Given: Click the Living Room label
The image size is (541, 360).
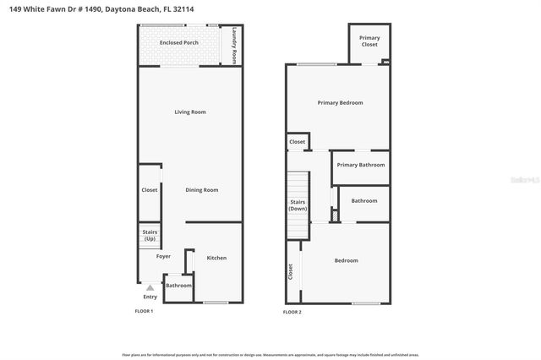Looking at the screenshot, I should pyautogui.click(x=190, y=112).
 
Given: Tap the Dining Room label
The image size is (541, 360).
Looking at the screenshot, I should pyautogui.click(x=202, y=190).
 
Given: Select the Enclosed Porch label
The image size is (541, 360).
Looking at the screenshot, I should pyautogui.click(x=179, y=41).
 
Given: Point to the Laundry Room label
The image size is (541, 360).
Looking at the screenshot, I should pyautogui.click(x=234, y=47).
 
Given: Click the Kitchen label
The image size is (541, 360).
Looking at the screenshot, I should pyautogui.click(x=216, y=258).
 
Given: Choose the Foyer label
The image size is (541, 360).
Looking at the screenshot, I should pyautogui.click(x=163, y=256).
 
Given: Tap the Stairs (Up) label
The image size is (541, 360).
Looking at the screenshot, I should pyautogui.click(x=150, y=235).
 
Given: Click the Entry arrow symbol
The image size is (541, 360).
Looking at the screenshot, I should pyautogui.click(x=150, y=287).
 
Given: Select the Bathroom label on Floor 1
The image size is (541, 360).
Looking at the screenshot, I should pyautogui.click(x=178, y=286).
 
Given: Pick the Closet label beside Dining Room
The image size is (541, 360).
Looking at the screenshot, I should pyautogui.click(x=150, y=190).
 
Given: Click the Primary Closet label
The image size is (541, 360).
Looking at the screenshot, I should pyautogui.click(x=369, y=41).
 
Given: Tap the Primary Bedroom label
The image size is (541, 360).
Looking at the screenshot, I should pyautogui.click(x=340, y=103).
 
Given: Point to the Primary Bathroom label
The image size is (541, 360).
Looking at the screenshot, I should pyautogui.click(x=361, y=166).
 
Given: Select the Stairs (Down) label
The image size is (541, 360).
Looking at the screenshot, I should pyautogui.click(x=298, y=205).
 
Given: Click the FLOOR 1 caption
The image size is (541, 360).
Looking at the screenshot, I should pyautogui.click(x=144, y=312).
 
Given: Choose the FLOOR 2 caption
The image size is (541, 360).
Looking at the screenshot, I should pyautogui.click(x=292, y=313).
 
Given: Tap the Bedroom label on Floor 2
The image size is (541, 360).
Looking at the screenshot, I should pyautogui.click(x=346, y=260).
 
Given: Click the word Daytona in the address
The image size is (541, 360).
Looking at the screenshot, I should pyautogui.click(x=125, y=8).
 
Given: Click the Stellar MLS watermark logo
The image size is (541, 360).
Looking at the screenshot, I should pyautogui.click(x=523, y=179).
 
